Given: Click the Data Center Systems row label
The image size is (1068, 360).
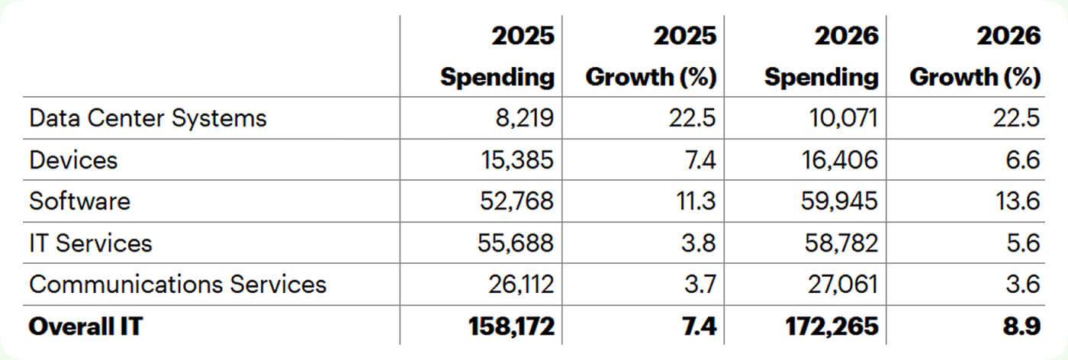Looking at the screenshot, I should coord(148,118).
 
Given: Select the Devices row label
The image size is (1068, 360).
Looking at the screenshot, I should coord(73,159).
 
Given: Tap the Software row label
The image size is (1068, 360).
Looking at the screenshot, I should coord(79,201).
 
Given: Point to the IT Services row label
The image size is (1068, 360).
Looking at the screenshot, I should coord(90,243).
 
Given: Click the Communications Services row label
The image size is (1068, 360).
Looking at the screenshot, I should coord(177,284).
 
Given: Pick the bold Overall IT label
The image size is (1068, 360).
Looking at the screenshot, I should coord(85,326).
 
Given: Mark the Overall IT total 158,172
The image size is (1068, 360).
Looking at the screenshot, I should coord(510,326).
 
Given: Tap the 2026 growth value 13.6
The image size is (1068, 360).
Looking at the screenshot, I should coord(1022,201).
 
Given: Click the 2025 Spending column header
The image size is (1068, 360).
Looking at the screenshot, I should coord(497,56).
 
